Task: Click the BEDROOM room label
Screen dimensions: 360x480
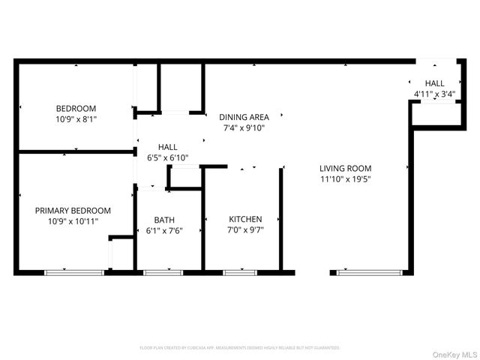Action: [x=76, y=108]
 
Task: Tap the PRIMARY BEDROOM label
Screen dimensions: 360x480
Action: [x=73, y=211]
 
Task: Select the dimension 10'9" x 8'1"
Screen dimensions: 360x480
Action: [x=76, y=118]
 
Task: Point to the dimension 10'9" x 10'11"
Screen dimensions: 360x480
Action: [x=73, y=221]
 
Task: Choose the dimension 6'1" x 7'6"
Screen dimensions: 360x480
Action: [x=164, y=230]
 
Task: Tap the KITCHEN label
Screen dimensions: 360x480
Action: [x=245, y=219]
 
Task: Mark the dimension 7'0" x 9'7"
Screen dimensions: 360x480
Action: [x=245, y=230]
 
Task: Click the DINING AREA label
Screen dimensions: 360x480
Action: [x=244, y=117]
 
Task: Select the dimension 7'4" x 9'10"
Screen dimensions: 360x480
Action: [x=244, y=127]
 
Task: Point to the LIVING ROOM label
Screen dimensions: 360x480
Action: [x=345, y=169]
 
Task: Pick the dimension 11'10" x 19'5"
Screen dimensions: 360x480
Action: [x=345, y=179]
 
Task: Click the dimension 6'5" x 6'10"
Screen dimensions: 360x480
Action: [x=167, y=157]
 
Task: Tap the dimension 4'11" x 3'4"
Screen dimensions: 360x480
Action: [x=433, y=94]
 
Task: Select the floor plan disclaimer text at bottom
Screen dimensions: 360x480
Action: [x=239, y=348]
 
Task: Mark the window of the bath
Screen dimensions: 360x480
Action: [x=163, y=272]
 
